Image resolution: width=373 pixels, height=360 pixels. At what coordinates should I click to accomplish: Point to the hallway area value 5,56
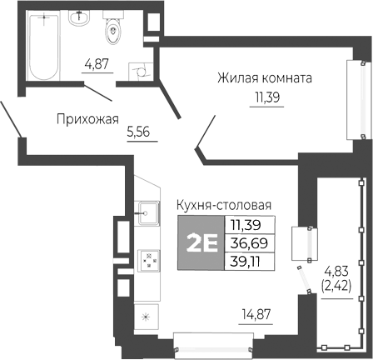[138, 132]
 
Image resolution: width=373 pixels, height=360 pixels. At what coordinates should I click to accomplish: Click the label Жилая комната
[264, 79]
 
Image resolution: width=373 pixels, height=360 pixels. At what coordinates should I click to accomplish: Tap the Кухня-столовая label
[225, 205]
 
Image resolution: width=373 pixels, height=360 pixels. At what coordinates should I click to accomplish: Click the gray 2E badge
[200, 242]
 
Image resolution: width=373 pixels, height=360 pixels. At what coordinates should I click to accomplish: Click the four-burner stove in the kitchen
[149, 262]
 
